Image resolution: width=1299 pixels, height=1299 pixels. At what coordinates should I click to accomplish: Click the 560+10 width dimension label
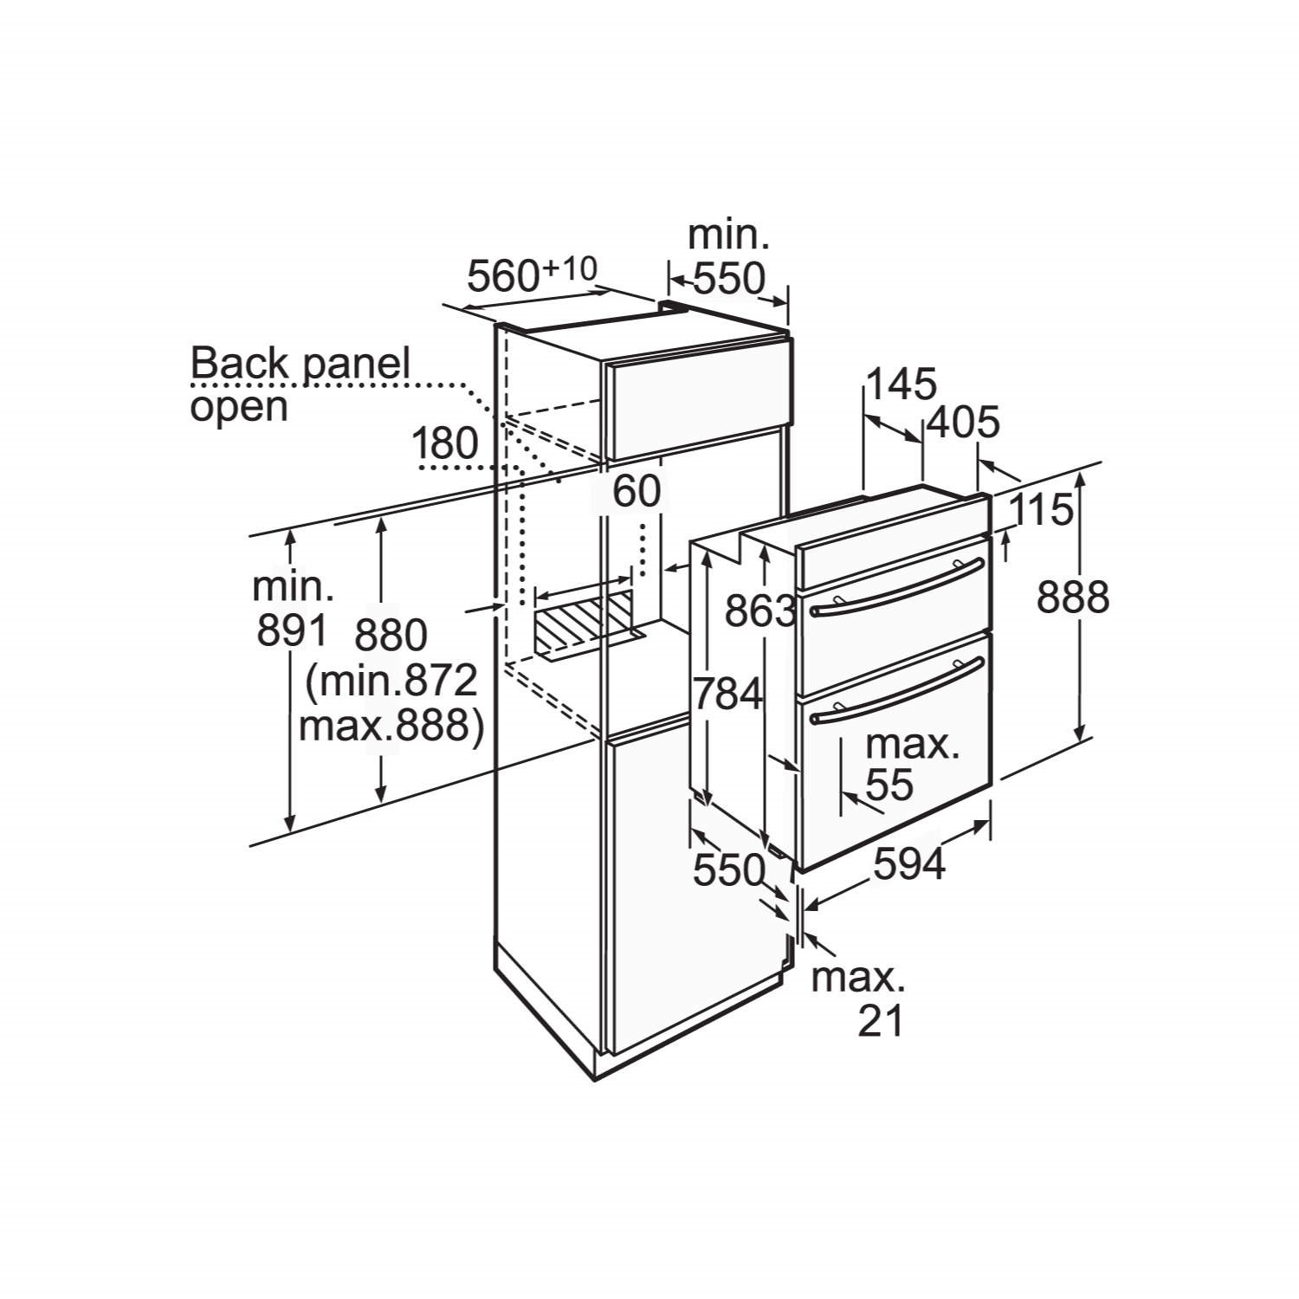[532, 275]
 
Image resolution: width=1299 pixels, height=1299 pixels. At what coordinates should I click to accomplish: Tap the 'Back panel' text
[300, 363]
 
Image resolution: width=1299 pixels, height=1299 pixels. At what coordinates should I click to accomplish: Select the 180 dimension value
[445, 444]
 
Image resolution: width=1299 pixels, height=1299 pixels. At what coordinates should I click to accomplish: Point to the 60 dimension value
[637, 491]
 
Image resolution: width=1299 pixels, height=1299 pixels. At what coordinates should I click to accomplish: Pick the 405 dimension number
[963, 423]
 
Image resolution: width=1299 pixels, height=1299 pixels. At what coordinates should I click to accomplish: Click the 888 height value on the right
[1073, 597]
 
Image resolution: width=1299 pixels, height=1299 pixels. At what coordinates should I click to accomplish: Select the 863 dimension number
[759, 611]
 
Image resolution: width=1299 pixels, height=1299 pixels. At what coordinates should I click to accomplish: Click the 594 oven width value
[908, 863]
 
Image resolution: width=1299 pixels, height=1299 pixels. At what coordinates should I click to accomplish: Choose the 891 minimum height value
[292, 630]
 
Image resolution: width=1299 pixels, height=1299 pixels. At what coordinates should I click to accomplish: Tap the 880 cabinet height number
[391, 636]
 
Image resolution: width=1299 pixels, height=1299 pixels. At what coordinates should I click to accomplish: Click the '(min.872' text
[391, 682]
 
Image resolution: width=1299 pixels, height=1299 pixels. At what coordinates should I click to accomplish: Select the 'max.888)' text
[391, 726]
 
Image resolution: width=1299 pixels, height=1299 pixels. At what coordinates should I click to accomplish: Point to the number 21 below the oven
[881, 1022]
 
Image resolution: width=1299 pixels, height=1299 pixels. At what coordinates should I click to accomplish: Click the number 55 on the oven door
[889, 785]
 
